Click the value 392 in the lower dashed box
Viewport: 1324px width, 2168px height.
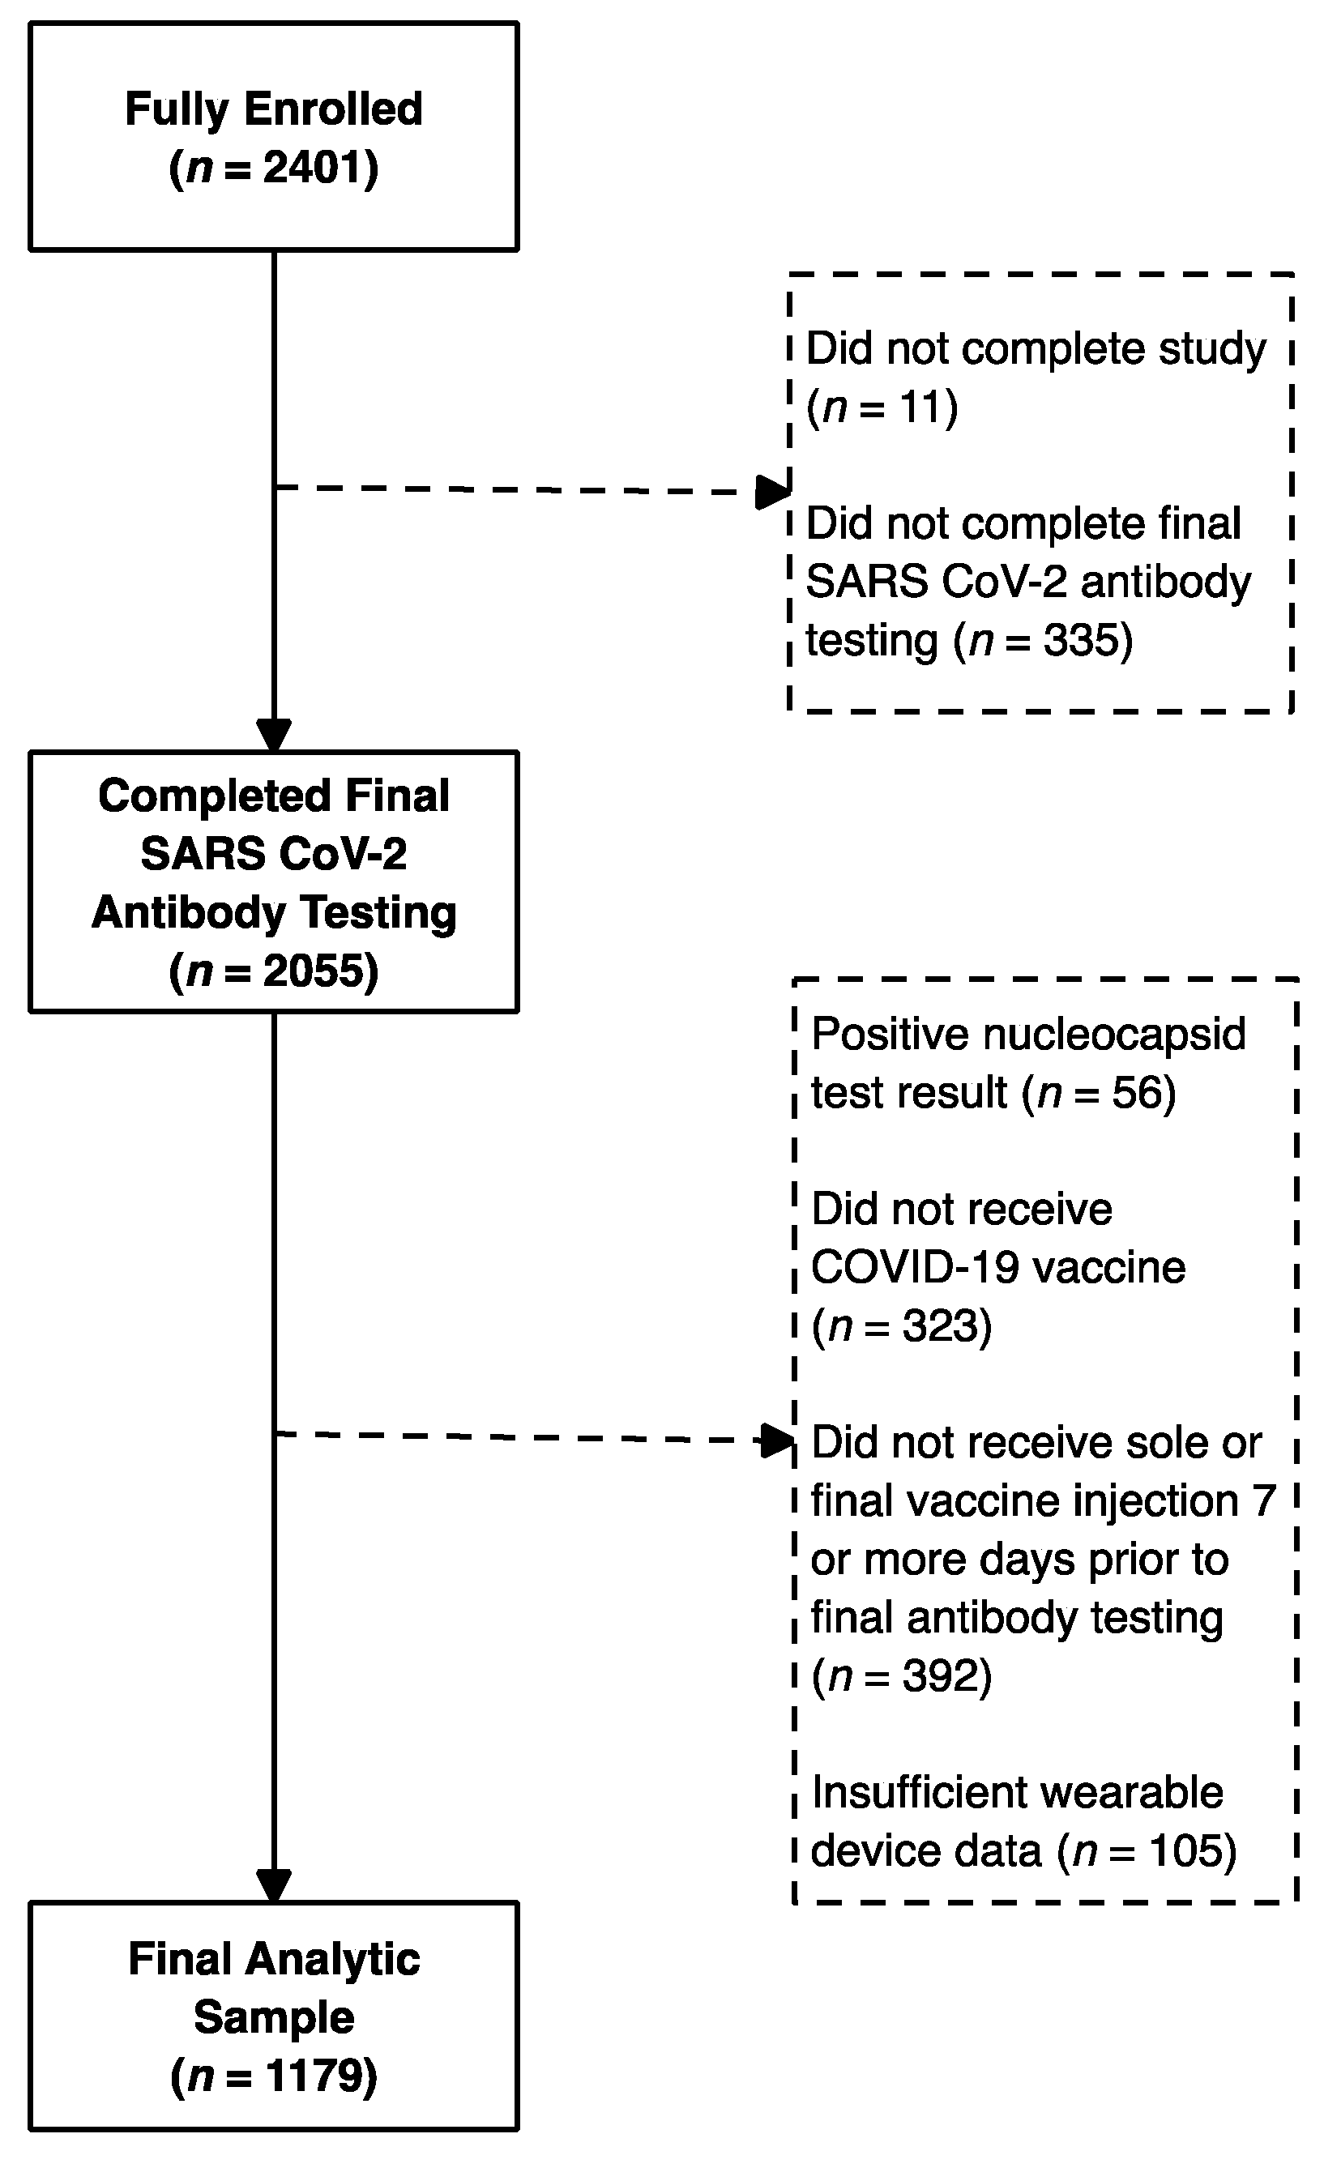941,1675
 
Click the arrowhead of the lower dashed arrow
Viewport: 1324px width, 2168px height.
777,1441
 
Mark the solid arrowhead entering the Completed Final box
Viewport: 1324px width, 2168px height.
274,735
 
